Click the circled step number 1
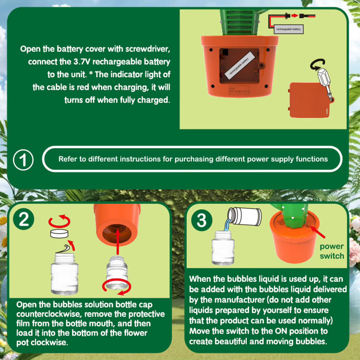pyautogui.click(x=23, y=160)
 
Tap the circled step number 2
pyautogui.click(x=24, y=219)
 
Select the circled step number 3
pyautogui.click(x=202, y=220)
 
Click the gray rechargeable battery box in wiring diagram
pyautogui.click(x=288, y=29)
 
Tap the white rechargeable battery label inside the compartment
pyautogui.click(x=240, y=65)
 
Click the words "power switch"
pyautogui.click(x=332, y=251)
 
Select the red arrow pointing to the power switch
pyautogui.click(x=317, y=232)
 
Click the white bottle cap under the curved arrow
pyautogui.click(x=59, y=234)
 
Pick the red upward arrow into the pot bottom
pyautogui.click(x=118, y=241)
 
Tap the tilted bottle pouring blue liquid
pyautogui.click(x=244, y=216)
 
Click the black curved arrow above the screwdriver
pyautogui.click(x=318, y=64)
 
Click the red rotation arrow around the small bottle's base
pyautogui.click(x=117, y=287)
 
